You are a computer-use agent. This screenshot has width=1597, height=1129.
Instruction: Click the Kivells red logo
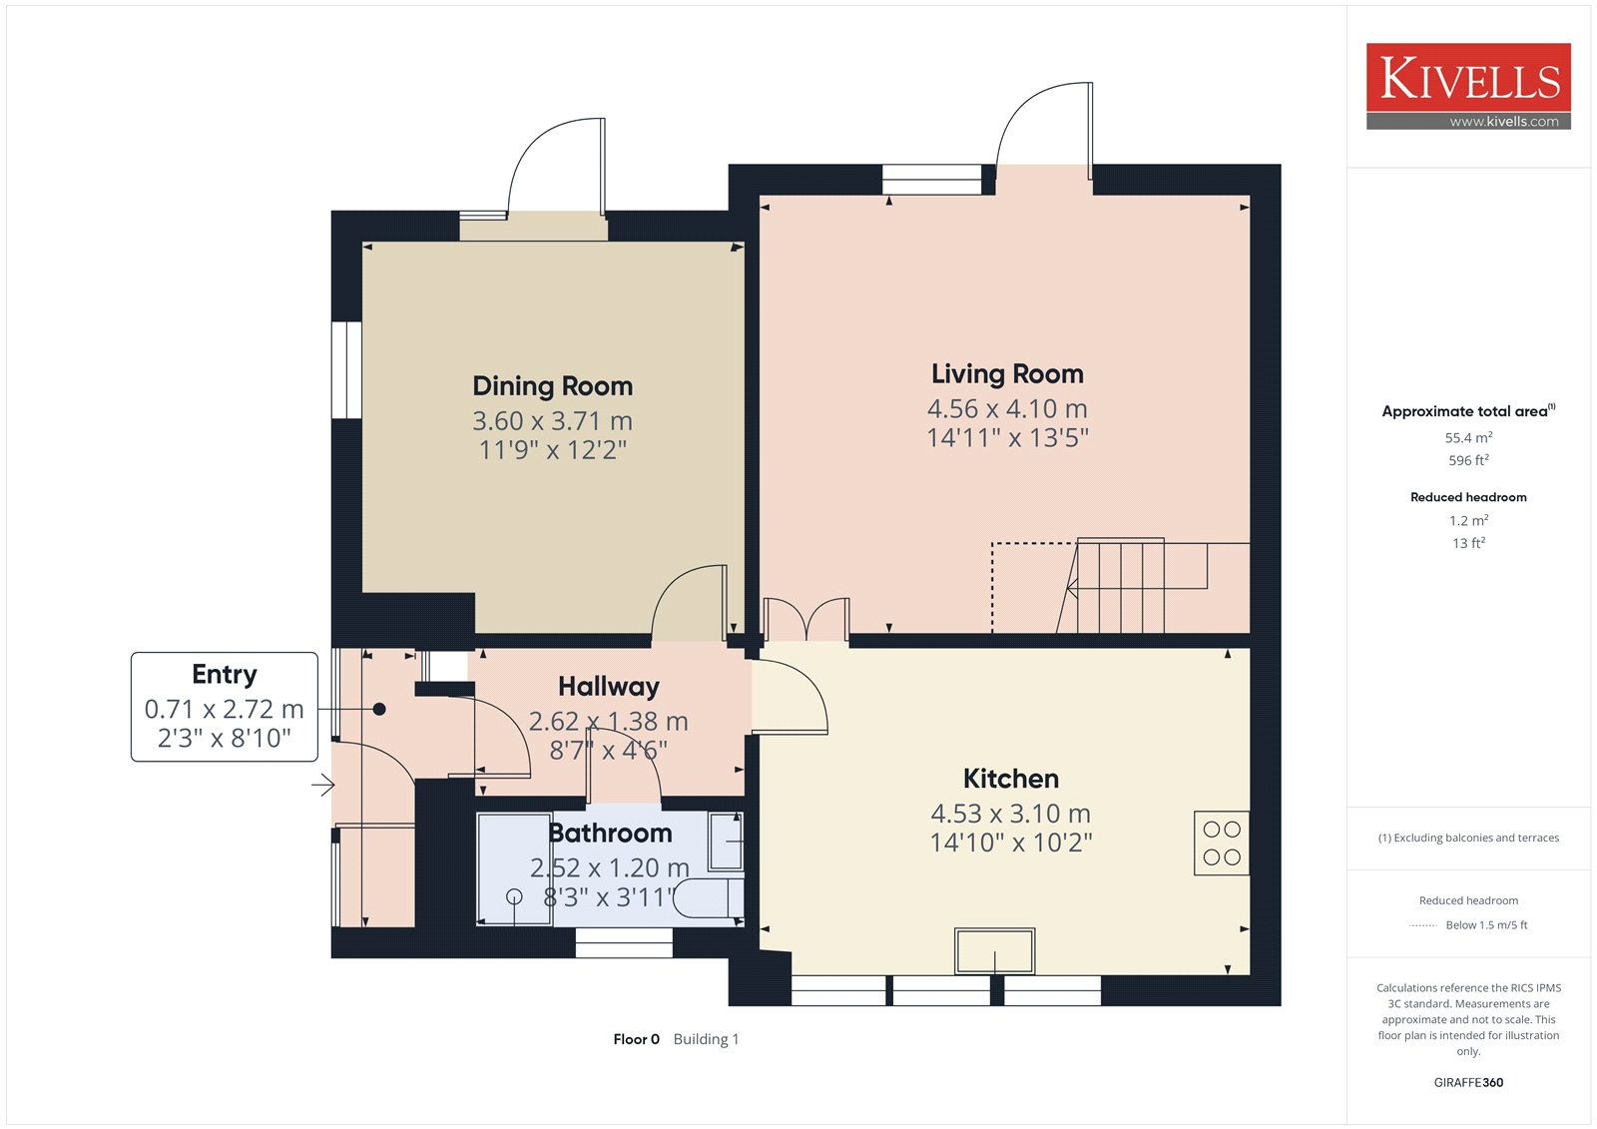[x=1468, y=86]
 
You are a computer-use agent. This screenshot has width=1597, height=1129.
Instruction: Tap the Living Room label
[x=1007, y=373]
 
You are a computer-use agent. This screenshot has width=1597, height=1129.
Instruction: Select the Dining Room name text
[x=553, y=386]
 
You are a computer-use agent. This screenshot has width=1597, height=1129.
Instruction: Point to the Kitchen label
[x=1011, y=778]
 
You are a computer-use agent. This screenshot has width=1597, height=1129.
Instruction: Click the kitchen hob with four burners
[x=1222, y=843]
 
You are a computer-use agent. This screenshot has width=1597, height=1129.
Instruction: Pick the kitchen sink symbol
[x=994, y=950]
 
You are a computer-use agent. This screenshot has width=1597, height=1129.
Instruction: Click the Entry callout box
[x=224, y=707]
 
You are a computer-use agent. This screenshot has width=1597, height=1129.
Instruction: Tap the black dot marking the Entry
[x=379, y=709]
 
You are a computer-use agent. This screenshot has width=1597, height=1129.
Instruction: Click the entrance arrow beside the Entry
[x=323, y=786]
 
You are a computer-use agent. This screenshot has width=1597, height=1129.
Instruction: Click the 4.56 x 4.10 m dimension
[x=1007, y=408]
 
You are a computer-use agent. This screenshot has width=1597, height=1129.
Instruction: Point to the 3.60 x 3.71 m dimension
[x=553, y=421]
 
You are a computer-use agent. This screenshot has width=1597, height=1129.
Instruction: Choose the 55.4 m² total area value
[x=1468, y=437]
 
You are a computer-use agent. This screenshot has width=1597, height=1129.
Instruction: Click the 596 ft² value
[x=1468, y=460]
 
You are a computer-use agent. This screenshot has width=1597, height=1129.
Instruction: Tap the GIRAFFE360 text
[x=1468, y=1083]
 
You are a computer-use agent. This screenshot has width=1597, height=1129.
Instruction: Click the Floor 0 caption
[x=636, y=1039]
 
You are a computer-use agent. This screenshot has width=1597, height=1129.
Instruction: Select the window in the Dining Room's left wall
[x=347, y=370]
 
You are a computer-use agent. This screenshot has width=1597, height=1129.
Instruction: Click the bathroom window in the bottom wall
[x=624, y=942]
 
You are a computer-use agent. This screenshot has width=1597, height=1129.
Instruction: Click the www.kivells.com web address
[x=1504, y=122]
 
